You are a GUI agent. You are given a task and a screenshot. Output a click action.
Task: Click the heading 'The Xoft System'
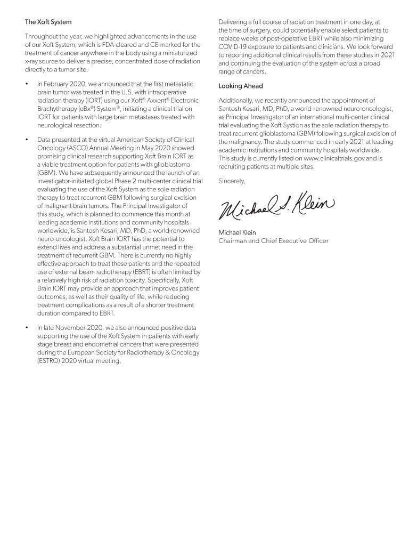48,22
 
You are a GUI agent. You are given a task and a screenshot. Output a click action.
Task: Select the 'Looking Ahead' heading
241,86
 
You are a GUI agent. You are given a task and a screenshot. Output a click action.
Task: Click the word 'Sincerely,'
232,181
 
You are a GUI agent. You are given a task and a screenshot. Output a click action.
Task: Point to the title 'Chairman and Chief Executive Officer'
274,241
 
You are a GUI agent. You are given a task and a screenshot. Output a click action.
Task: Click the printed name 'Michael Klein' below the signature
238,232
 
